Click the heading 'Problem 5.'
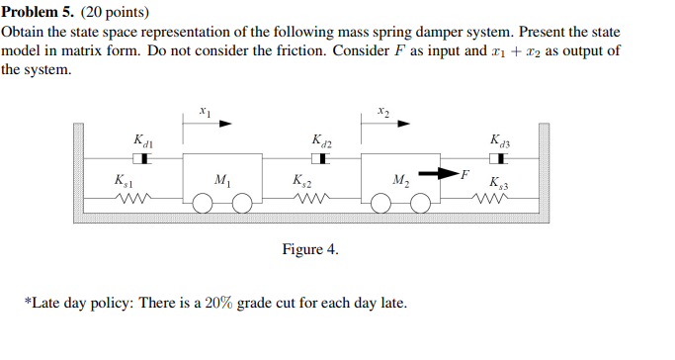(39, 13)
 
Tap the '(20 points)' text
(117, 13)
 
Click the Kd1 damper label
(142, 141)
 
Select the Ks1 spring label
(124, 182)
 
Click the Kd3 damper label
(500, 141)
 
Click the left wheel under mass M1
(203, 203)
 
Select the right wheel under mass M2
(421, 203)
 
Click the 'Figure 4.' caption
(310, 250)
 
